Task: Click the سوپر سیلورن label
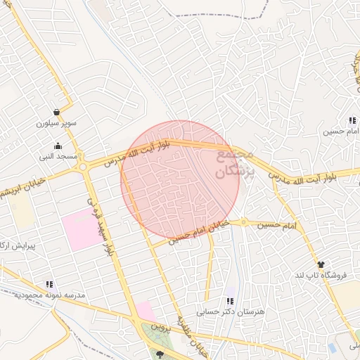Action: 56,123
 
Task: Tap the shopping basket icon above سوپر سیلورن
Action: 56,112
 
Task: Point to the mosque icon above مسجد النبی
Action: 57,146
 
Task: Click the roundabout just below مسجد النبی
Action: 83,167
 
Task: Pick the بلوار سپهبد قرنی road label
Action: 99,224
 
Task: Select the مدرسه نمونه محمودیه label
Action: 50,295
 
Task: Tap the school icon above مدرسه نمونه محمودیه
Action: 49,284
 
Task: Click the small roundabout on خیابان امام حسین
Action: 244,222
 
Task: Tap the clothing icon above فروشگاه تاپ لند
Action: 321,264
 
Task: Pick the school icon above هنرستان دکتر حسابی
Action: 229,301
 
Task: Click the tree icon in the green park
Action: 160,354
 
